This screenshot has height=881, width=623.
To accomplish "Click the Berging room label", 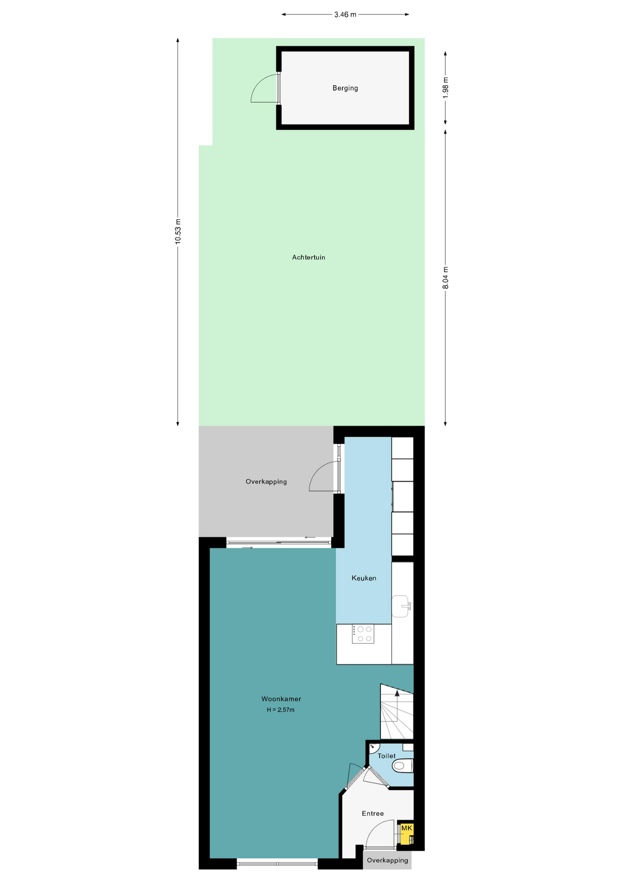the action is [x=345, y=88].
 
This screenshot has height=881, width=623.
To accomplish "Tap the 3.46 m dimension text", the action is [x=345, y=15].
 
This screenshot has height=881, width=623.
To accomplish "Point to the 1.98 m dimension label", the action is [x=445, y=87].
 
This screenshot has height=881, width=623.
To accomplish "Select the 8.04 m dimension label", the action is [x=445, y=278].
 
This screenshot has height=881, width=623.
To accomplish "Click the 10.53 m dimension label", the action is [x=178, y=231].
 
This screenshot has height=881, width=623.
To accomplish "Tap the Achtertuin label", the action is [x=309, y=257].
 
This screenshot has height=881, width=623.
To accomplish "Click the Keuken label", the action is [x=364, y=578].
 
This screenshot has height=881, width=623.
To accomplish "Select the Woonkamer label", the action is [x=281, y=699].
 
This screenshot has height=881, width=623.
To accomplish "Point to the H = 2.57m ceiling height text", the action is [x=281, y=710].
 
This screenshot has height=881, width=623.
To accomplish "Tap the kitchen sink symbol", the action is [x=401, y=606].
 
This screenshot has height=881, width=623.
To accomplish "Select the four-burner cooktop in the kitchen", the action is [x=363, y=634].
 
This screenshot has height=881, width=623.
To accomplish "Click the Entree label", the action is [x=373, y=814].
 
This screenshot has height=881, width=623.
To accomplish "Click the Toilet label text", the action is [x=386, y=756].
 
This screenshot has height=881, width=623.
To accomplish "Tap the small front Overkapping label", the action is [x=387, y=860].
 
